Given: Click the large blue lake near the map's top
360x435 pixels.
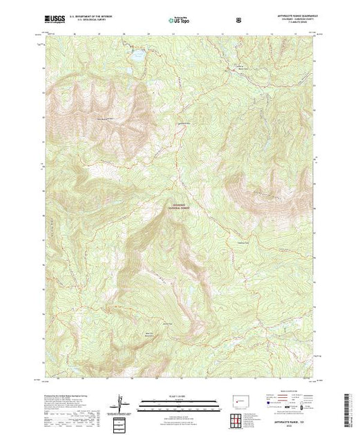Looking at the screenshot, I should pyautogui.click(x=136, y=54).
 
